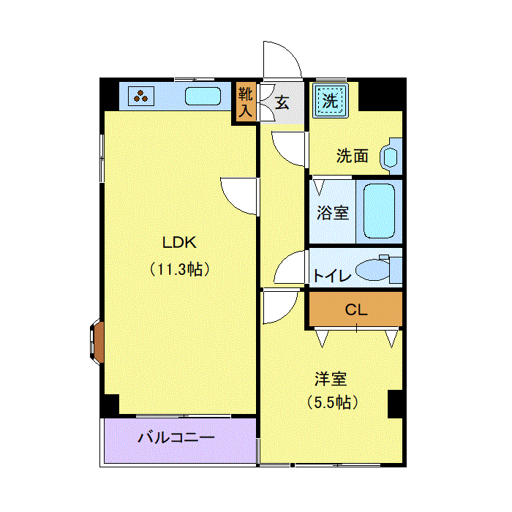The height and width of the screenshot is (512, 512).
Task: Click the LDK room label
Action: pos(179,243)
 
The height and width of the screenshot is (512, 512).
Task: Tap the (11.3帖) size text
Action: pos(180,269)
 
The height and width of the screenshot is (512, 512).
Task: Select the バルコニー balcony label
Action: pos(176,437)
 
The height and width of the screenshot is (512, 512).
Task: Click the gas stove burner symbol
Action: pos(141,96)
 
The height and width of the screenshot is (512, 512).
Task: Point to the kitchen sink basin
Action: pos(203,96)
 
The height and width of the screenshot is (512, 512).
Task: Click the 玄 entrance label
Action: pos(282,103)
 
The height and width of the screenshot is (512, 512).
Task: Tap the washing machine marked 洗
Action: pos(330,101)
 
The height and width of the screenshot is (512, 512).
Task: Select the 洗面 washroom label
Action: pos(353,156)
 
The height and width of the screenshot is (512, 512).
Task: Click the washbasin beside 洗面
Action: pos(391,157)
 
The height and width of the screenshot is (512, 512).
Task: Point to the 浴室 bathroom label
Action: pos(333,213)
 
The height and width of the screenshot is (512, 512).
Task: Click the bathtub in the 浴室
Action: pos(379,211)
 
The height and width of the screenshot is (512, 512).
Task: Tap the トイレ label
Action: pos(332,276)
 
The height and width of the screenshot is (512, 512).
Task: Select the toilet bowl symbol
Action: pos(373,270)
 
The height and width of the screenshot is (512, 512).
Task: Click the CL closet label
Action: pos(356,309)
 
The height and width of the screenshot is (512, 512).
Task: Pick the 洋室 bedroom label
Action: pos(331,379)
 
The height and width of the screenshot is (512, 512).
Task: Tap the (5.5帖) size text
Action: pos(333,402)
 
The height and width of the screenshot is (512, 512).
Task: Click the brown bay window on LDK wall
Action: pos(97,342)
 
